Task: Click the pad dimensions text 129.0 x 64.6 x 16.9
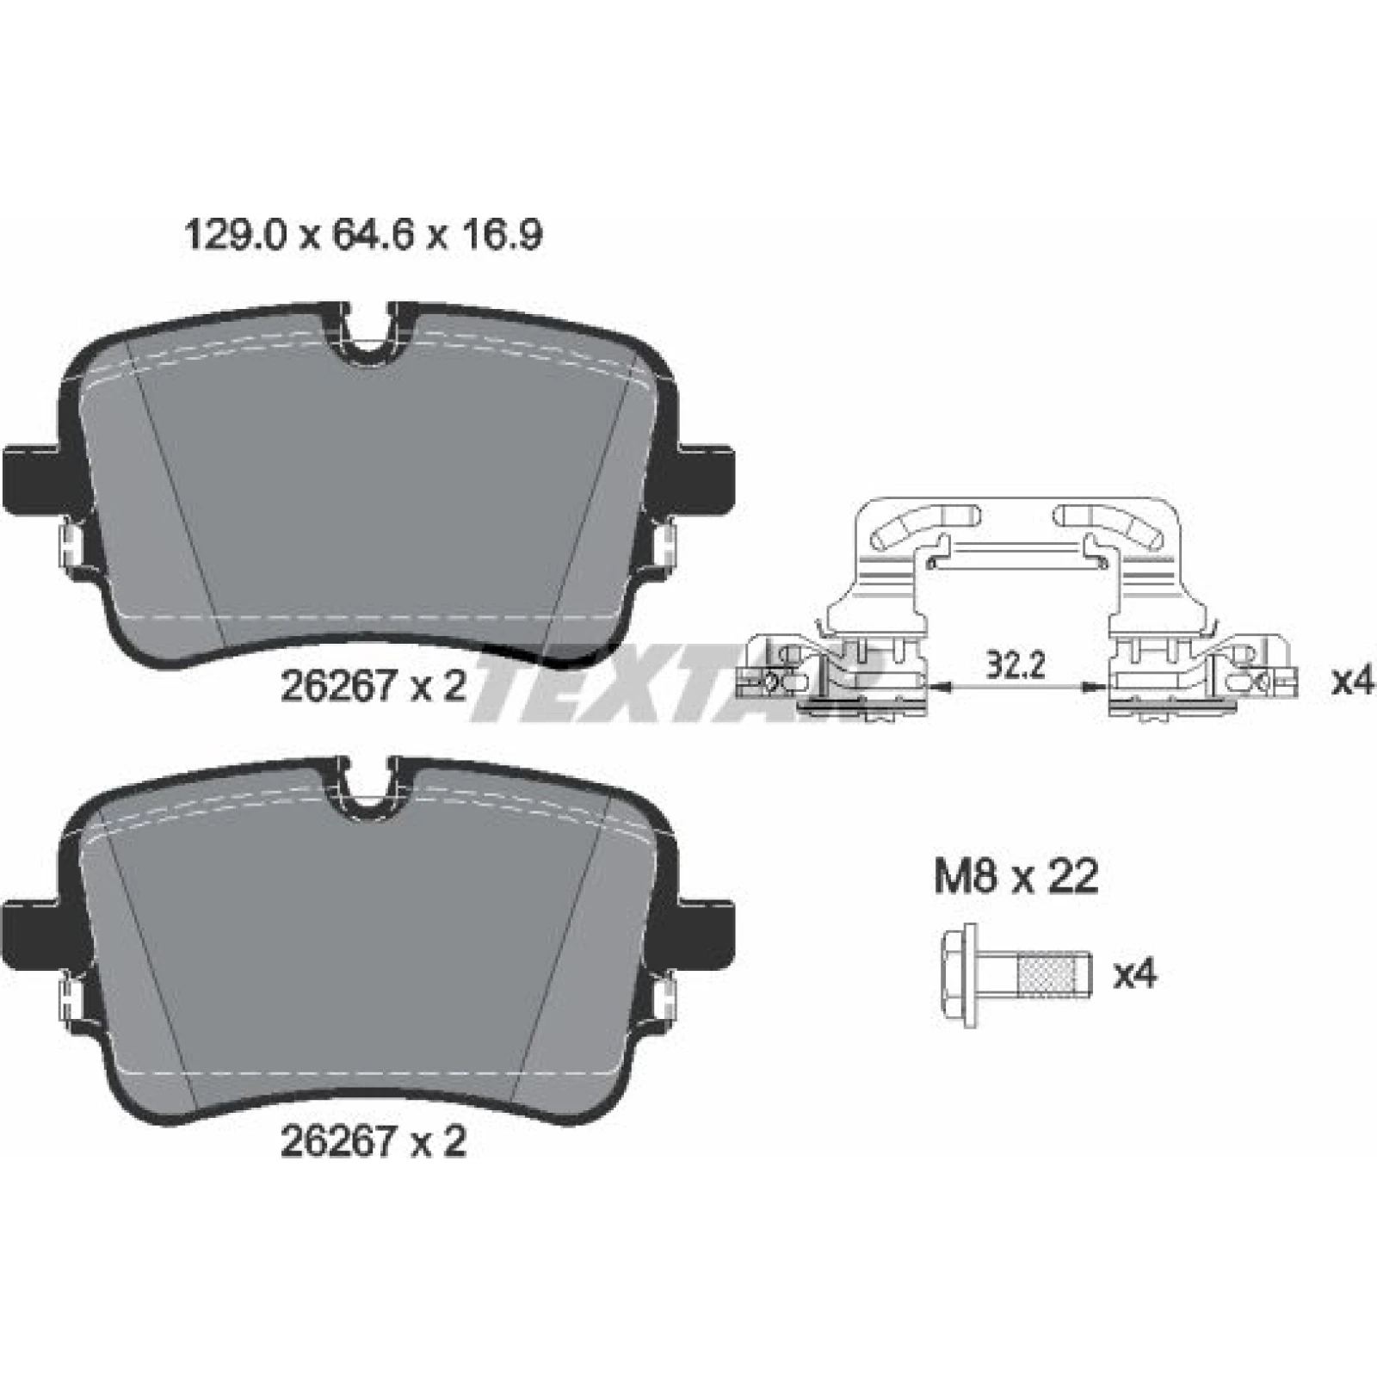364,235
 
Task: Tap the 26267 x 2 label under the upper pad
374,686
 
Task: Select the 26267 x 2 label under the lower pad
374,1142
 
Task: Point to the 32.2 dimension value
1015,665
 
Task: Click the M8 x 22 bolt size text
1016,878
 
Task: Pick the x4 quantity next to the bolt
1135,975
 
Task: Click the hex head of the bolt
960,976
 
